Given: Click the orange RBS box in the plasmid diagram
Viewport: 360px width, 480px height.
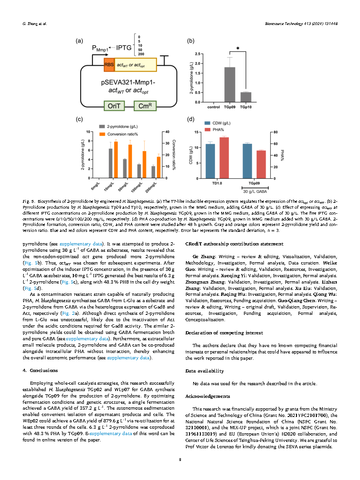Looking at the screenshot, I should pos(109,64).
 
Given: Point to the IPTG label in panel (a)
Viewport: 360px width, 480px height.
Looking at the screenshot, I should pos(123,47).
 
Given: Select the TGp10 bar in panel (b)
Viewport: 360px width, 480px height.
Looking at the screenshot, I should pos(245,97).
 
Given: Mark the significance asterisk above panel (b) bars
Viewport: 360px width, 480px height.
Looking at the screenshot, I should pos(238,48).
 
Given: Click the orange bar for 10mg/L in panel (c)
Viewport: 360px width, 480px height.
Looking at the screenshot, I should pos(116,160).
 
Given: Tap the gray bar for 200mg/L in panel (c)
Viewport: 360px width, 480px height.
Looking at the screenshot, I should pos(153,172).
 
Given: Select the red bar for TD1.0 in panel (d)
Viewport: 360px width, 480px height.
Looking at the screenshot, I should pos(224,157).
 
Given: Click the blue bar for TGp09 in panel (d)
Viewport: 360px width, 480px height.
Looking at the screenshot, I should pos(247,161).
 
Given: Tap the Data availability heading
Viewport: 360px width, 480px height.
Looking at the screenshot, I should pos(204,371).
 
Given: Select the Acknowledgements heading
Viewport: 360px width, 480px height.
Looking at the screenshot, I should pos(207,396).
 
